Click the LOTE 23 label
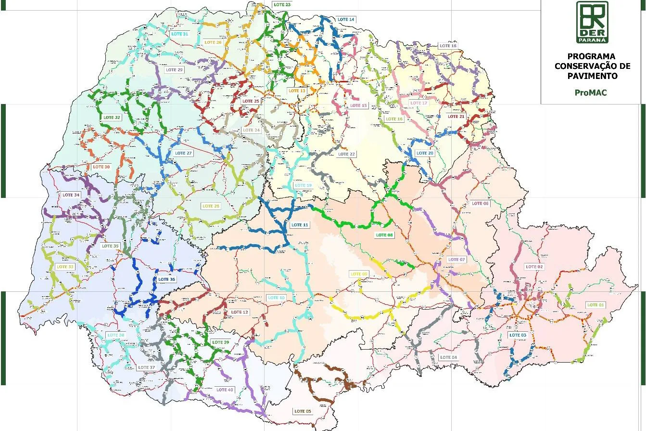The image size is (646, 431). (x=282, y=4)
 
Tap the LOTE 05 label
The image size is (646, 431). (x=303, y=411)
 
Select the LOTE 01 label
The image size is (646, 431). (x=595, y=305)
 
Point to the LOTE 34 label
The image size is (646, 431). (x=71, y=195)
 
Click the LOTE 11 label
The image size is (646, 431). (x=300, y=225)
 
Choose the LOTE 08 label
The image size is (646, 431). (x=384, y=235)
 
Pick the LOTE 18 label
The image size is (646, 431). (x=448, y=46)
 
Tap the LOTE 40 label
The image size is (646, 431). (x=225, y=390)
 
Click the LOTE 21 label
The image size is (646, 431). (x=456, y=117)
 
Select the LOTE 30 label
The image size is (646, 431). (x=101, y=167)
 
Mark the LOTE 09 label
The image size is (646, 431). (x=359, y=274)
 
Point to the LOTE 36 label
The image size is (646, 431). (x=166, y=279)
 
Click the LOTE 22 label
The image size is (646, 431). (x=346, y=154)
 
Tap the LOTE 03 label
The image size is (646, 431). (x=518, y=335)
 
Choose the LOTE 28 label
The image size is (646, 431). (x=211, y=206)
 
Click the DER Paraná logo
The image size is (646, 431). (x=592, y=22)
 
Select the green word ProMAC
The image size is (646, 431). (x=591, y=92)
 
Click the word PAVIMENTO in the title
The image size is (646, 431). (x=592, y=76)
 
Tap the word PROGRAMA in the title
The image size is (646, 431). (x=591, y=56)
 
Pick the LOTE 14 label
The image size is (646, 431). (x=346, y=20)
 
